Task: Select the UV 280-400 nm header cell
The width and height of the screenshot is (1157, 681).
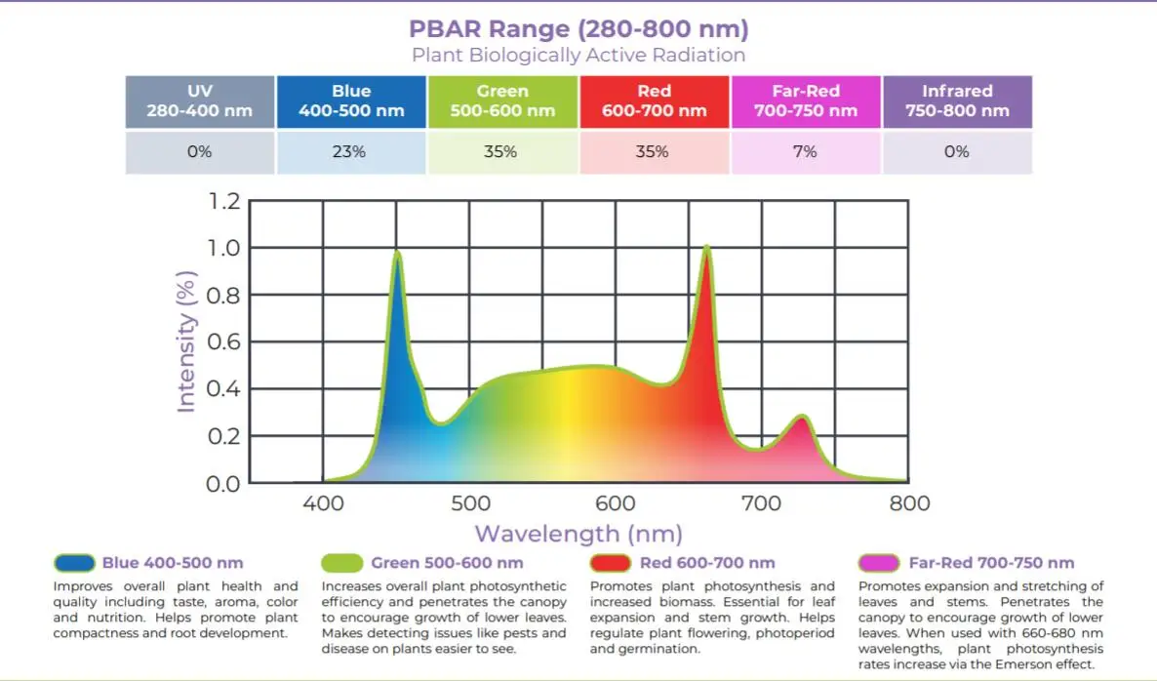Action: click(x=199, y=100)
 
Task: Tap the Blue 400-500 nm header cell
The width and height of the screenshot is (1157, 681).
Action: click(x=351, y=100)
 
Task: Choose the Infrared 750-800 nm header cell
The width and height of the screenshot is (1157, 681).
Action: click(x=957, y=100)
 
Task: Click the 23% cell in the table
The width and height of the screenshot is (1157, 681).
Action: click(x=351, y=152)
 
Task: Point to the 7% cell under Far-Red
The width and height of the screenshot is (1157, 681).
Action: click(x=805, y=152)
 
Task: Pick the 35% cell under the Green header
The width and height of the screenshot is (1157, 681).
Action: click(x=502, y=152)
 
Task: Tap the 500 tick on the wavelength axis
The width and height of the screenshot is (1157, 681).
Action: click(x=470, y=504)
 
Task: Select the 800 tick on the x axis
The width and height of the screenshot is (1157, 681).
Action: click(x=909, y=504)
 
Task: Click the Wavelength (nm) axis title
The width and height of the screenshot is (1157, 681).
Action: click(x=578, y=534)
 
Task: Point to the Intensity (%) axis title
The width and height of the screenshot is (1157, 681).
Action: click(x=187, y=341)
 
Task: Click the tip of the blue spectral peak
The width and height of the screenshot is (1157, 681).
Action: click(x=398, y=253)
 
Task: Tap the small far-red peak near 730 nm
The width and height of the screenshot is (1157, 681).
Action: click(x=802, y=418)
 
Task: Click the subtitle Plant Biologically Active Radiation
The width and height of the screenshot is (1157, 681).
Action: click(x=578, y=55)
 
